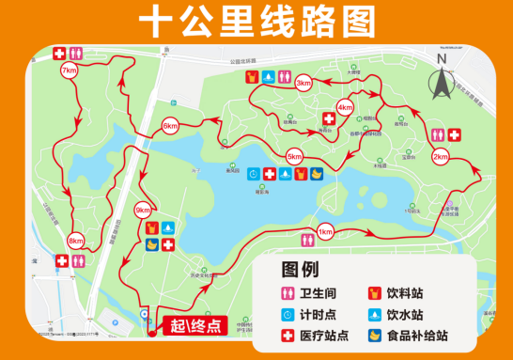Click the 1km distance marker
tap(325, 232)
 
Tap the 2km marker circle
tap(440, 157)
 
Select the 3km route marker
tap(303, 84)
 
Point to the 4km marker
tap(345, 107)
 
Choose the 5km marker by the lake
tap(294, 155)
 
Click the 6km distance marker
tap(170, 126)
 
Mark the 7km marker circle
tap(69, 70)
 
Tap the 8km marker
tap(76, 241)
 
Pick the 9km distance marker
tap(143, 209)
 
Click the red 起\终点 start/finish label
tap(194, 326)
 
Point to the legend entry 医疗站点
tap(319, 335)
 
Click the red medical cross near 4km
tap(329, 118)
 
